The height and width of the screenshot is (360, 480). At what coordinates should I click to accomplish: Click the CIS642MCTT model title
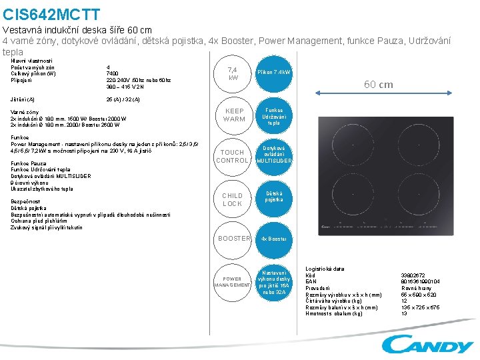pos(51,14)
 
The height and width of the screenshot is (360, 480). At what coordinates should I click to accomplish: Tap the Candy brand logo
pos(427,344)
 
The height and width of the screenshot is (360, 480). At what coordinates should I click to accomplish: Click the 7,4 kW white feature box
pos(233,73)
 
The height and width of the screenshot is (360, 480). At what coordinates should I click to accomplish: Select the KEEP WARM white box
pos(234,115)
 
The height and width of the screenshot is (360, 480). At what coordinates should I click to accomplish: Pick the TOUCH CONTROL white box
pos(233,156)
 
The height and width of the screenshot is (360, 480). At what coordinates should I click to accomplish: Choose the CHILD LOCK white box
pos(233,199)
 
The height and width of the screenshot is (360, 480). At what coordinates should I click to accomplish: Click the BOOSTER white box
pos(234,238)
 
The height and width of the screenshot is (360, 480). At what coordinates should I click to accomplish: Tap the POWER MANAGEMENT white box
pos(233,282)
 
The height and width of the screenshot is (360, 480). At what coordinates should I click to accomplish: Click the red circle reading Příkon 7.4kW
pos(274,72)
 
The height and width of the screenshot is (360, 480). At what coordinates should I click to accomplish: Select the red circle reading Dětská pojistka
pos(274,197)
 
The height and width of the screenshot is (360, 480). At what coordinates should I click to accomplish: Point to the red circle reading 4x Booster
pos(274,238)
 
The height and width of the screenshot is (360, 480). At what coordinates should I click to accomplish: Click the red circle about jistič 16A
pos(274,282)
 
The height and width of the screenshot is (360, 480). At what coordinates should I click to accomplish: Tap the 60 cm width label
pos(377,85)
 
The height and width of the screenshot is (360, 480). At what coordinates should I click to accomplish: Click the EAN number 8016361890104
pos(420,281)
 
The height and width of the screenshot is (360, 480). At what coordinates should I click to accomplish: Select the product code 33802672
pos(413,275)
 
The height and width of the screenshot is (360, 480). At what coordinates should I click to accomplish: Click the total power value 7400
pos(112,73)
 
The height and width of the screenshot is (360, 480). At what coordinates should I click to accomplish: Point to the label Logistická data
pos(325,269)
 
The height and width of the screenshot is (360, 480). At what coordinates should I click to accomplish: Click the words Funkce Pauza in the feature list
pos(29,163)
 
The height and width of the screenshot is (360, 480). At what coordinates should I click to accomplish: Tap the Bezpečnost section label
pos(25,201)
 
